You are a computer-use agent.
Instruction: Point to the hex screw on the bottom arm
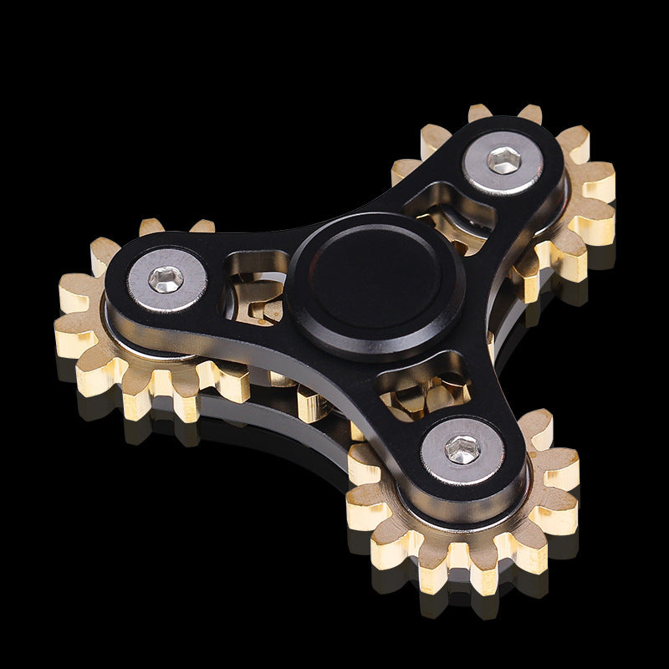click(462, 451)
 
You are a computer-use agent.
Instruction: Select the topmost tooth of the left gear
click(151, 227)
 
